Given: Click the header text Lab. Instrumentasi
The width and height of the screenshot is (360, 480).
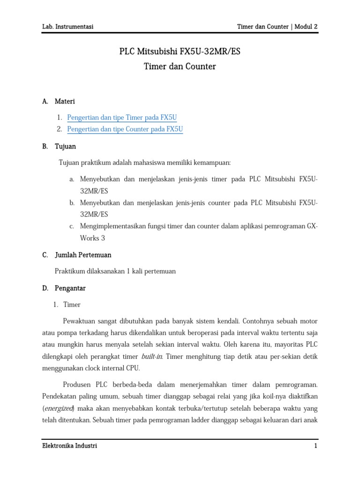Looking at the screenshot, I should click(67, 27).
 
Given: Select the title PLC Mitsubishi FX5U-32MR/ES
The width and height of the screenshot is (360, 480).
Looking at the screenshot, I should click(180, 52).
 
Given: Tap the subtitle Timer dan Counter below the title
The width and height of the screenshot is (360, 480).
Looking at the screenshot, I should click(180, 67).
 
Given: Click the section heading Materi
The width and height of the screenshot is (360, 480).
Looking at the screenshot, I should click(65, 101).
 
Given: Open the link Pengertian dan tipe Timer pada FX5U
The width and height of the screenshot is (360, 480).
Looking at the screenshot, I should click(122, 118).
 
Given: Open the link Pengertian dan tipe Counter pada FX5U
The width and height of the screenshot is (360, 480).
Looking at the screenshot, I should click(125, 129).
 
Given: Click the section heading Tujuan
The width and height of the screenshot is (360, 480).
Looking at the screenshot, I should click(65, 147).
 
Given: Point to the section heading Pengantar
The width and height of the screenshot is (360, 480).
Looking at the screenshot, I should click(70, 288).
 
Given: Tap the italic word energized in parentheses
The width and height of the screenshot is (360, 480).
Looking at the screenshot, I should click(59, 408).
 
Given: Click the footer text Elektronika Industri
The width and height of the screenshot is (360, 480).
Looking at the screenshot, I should click(69, 446).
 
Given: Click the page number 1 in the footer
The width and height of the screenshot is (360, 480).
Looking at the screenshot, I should click(316, 446).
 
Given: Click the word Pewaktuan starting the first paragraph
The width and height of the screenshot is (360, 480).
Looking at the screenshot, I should click(81, 322).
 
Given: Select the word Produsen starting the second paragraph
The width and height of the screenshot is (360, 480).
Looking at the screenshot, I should click(77, 385).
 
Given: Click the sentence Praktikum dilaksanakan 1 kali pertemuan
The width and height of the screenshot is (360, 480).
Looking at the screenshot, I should click(115, 271).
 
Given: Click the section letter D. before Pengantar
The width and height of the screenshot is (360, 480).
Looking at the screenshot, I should click(45, 288).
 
